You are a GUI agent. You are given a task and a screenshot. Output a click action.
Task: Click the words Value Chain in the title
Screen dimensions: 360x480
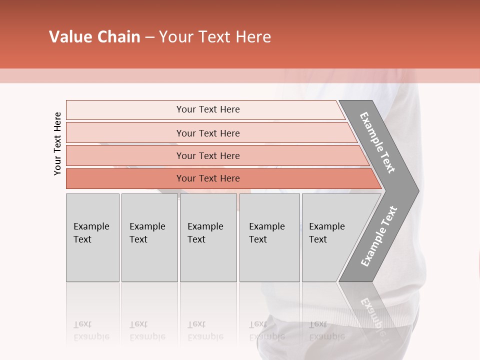coord(94,37)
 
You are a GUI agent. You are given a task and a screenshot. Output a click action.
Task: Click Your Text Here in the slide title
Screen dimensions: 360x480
coord(215,37)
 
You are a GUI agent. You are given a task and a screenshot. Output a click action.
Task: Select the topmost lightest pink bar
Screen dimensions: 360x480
coord(125,110)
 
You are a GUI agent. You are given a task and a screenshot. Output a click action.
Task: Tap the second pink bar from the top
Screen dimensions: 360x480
coord(125,133)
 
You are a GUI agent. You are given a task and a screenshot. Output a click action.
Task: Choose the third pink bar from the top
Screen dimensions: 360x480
coord(125,155)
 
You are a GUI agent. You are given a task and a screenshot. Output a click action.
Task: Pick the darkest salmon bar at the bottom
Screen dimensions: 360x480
coord(125,178)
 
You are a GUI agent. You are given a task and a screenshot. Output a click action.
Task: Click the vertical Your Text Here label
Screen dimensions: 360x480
coord(57,143)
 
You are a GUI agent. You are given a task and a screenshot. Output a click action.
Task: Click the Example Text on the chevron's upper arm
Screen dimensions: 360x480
coord(377,142)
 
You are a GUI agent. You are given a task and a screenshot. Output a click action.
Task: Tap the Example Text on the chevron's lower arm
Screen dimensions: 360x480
coord(378,236)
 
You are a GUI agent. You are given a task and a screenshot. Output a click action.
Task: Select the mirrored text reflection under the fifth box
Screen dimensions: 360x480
coord(326,331)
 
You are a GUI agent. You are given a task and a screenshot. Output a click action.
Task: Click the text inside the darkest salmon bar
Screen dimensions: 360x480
coord(208,178)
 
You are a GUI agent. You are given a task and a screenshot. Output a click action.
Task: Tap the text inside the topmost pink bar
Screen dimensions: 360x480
coord(208,109)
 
